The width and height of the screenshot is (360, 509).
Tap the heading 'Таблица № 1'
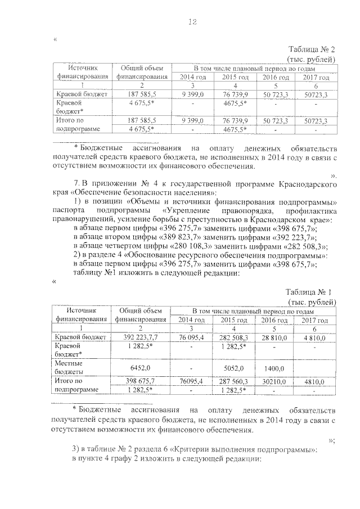(311, 291)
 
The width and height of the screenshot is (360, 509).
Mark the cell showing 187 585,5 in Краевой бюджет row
(141, 93)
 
